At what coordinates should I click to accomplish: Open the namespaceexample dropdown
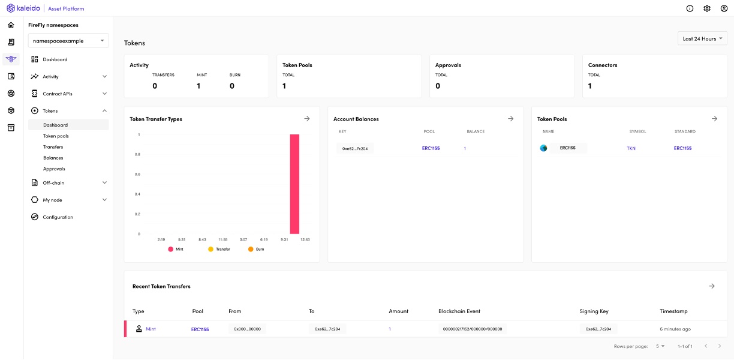(x=68, y=41)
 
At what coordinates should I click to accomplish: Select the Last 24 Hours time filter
(x=702, y=38)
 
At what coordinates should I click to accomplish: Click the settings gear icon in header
(x=707, y=8)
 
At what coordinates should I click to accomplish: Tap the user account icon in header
(x=724, y=8)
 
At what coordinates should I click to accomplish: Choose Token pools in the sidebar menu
(x=56, y=136)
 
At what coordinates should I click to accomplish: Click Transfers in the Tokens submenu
(x=53, y=147)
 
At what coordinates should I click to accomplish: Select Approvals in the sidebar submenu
(x=54, y=169)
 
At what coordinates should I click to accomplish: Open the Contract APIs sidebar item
(x=57, y=94)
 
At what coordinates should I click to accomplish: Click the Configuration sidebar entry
(x=58, y=217)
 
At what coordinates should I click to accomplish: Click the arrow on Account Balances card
(x=510, y=119)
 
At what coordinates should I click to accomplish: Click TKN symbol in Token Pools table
(x=631, y=148)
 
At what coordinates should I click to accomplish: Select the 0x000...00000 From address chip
(x=247, y=329)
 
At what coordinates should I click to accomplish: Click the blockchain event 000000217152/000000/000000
(x=472, y=329)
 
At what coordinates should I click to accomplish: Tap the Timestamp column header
(x=673, y=311)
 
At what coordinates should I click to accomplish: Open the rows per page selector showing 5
(x=660, y=346)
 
